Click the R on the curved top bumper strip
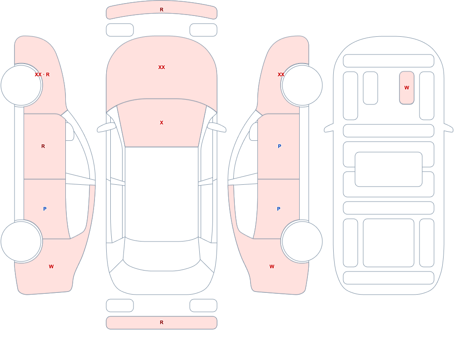click(162, 10)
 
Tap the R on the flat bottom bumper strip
click(162, 322)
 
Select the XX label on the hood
click(162, 67)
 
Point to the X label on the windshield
click(162, 123)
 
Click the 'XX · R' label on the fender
click(42, 74)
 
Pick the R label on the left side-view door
click(43, 146)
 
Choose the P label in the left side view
click(44, 209)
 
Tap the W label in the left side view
click(51, 266)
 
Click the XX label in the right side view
click(281, 74)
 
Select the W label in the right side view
click(272, 266)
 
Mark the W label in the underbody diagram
click(407, 88)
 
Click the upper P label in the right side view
click(279, 146)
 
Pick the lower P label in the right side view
click(279, 209)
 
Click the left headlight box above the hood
click(120, 30)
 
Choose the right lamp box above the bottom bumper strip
click(203, 305)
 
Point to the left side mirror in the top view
click(106, 127)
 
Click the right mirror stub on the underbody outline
click(449, 128)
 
